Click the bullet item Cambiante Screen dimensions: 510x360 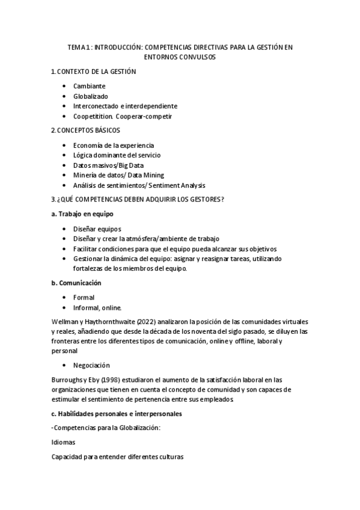point(90,86)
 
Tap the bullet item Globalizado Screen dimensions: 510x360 point(91,96)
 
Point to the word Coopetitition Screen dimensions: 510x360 point(96,115)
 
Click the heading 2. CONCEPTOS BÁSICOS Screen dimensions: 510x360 point(85,130)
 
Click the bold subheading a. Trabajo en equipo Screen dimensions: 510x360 point(82,214)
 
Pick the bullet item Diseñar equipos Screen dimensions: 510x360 point(97,229)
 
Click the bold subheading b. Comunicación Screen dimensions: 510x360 point(76,283)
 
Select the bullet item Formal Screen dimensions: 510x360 point(84,297)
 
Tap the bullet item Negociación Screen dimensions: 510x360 point(92,365)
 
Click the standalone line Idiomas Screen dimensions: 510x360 point(63,442)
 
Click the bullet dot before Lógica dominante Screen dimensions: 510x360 point(65,155)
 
